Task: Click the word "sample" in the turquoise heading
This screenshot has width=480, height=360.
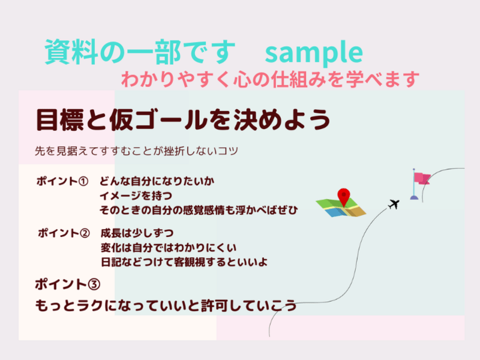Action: pos(314,53)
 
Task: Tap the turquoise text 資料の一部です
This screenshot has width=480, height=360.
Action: pos(140,52)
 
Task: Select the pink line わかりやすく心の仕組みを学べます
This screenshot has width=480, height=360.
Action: pos(271,79)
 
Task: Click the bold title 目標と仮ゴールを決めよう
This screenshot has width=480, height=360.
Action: pos(184,119)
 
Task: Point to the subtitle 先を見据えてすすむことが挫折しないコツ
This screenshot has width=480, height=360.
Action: pos(137,151)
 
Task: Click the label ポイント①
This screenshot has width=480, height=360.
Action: pos(62,181)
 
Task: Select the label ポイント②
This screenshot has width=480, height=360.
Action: pos(64,233)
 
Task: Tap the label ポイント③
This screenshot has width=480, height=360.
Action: pos(68,284)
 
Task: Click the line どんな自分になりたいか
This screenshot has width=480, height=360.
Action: pos(157,181)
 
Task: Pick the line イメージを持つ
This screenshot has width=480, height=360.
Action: pos(136,196)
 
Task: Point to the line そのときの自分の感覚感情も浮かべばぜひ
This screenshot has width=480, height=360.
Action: pos(199,210)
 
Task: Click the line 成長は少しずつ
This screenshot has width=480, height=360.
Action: pos(137,233)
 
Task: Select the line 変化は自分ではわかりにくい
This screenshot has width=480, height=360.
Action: pos(169,248)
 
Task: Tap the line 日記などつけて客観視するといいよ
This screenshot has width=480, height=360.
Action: pos(184,262)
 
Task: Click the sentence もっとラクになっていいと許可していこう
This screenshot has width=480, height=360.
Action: pos(166,305)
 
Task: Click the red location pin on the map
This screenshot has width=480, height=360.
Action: pos(344,197)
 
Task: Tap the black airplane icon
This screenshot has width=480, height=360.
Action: pos(394,204)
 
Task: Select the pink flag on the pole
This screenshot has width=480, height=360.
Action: pos(422,178)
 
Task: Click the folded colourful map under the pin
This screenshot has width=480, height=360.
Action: pos(341,208)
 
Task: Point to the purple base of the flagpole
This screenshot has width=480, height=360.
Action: pos(414,198)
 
